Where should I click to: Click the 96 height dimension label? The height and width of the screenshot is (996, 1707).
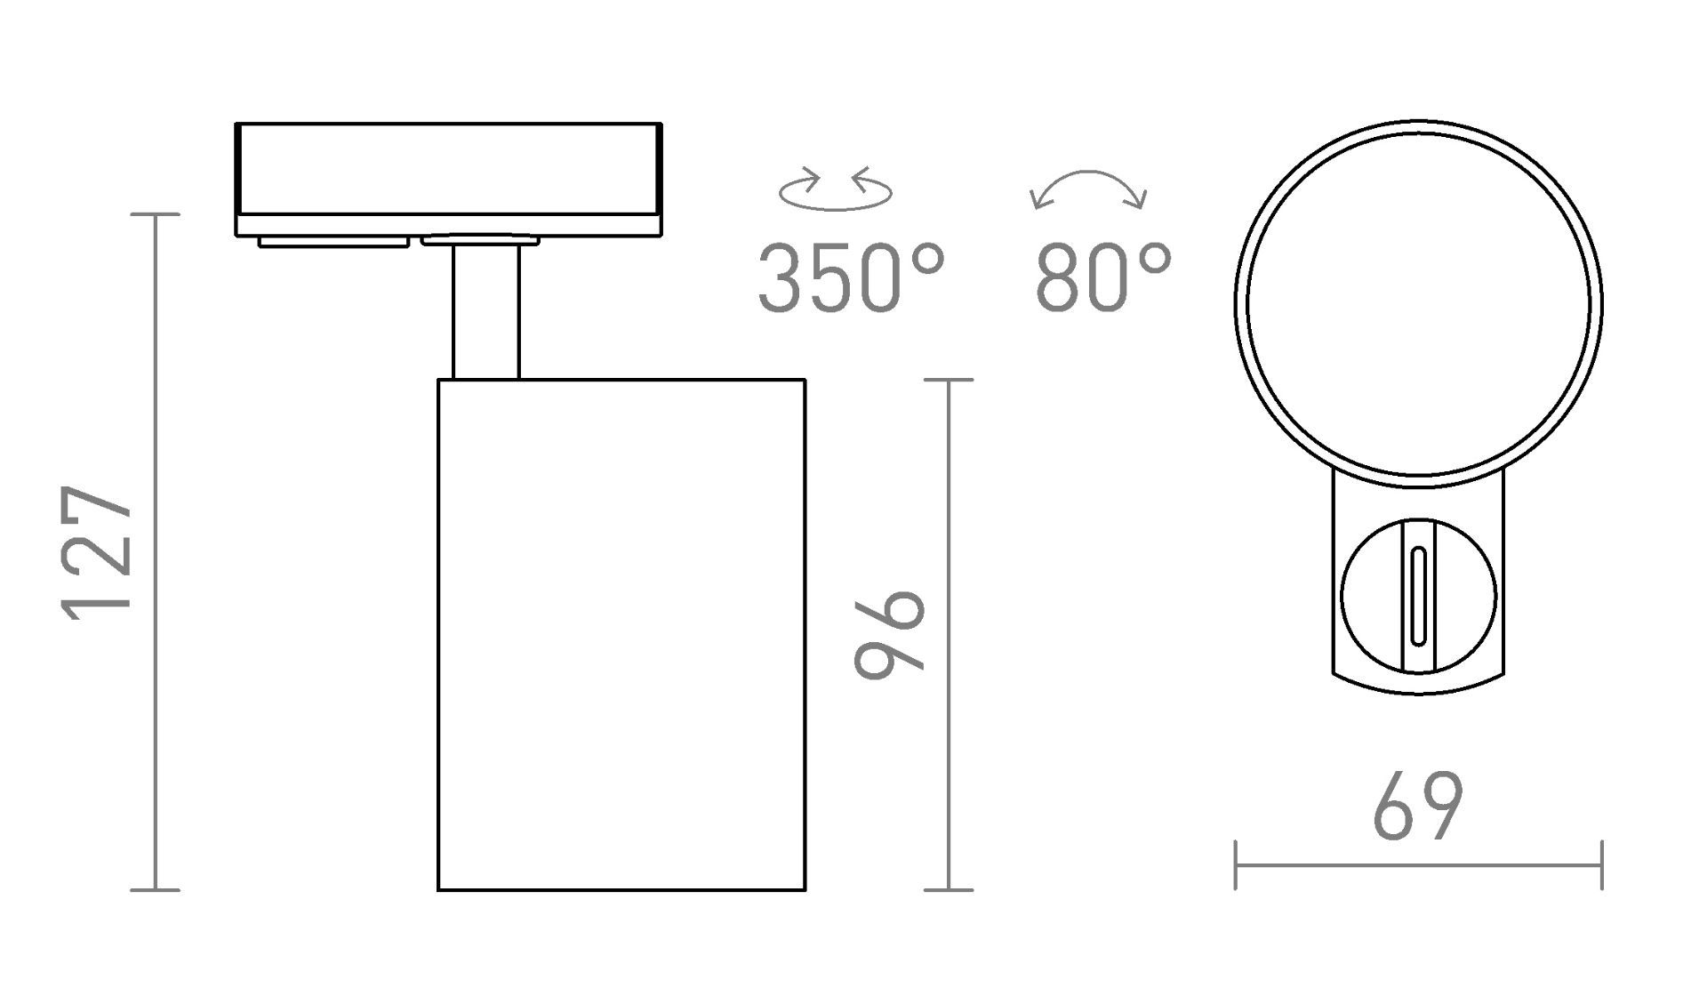click(x=890, y=633)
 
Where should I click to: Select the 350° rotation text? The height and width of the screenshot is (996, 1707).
click(x=850, y=278)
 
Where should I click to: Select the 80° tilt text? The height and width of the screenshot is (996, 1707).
click(x=1103, y=278)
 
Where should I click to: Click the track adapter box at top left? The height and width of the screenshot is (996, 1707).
click(x=449, y=180)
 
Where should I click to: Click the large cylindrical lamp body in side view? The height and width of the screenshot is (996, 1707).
click(x=621, y=635)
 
